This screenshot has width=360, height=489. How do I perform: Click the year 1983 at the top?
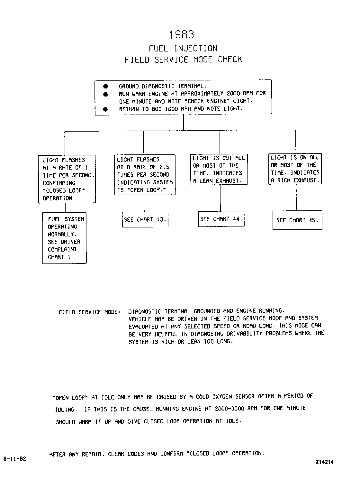(182, 35)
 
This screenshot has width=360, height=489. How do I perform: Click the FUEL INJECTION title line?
(183, 49)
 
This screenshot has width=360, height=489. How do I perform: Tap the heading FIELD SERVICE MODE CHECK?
(183, 60)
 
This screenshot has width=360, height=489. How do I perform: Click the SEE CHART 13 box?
(145, 220)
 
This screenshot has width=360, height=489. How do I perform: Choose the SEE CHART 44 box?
(221, 219)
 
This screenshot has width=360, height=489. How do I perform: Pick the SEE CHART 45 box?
(297, 220)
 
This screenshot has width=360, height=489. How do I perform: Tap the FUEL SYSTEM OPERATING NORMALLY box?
(65, 238)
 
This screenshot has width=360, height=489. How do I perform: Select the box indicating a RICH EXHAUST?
(295, 169)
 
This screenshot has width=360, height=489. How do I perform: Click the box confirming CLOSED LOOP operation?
(67, 179)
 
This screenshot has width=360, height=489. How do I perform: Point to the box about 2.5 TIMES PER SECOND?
(145, 175)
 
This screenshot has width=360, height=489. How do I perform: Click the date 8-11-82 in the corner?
(14, 459)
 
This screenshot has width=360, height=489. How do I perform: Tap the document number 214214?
(325, 462)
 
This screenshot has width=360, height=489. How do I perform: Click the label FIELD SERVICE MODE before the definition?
(89, 312)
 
